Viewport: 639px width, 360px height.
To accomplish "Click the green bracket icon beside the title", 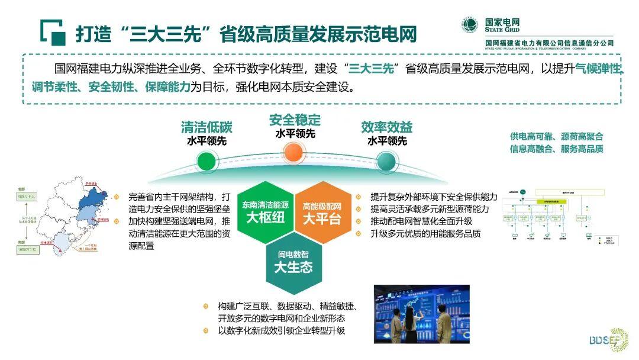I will tap(53, 33).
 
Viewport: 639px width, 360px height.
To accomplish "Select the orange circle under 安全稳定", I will tap(294, 153).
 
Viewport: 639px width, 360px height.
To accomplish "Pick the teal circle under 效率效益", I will tap(386, 160).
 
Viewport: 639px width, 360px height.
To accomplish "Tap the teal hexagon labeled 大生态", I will tap(293, 261).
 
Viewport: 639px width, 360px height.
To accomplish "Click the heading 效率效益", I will tap(386, 127).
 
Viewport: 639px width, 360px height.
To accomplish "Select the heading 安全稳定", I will tap(295, 120).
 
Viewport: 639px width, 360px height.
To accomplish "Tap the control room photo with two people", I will tap(421, 314).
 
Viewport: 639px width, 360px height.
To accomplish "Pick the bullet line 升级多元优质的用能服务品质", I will tap(425, 233).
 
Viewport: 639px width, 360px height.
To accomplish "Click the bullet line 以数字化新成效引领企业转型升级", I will tap(281, 330).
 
